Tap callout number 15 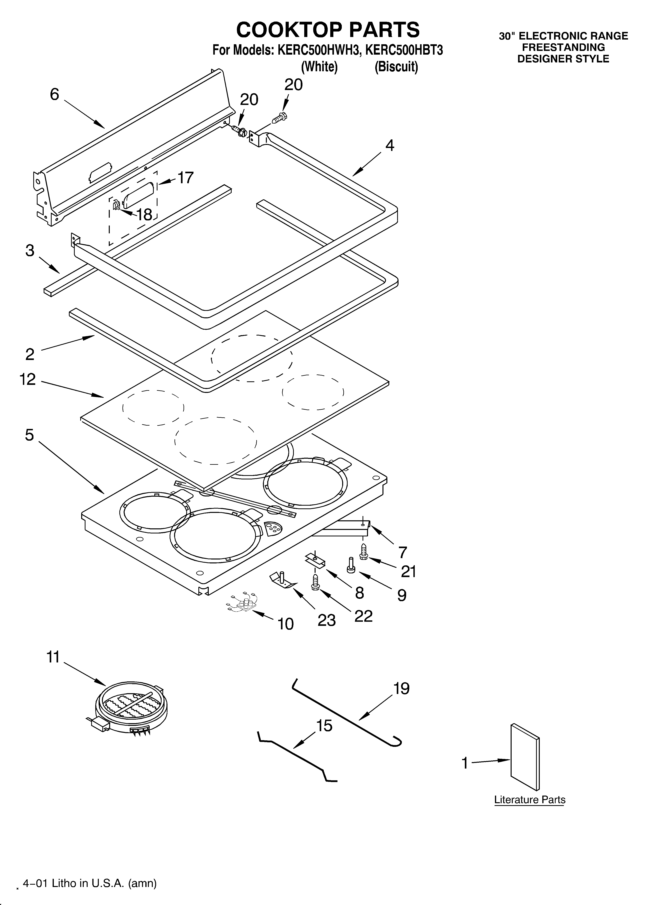[x=324, y=725]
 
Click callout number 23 [x=326, y=620]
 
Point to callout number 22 [x=363, y=616]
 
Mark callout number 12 [x=28, y=379]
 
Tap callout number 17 [x=185, y=178]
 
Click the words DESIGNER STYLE [x=563, y=59]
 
